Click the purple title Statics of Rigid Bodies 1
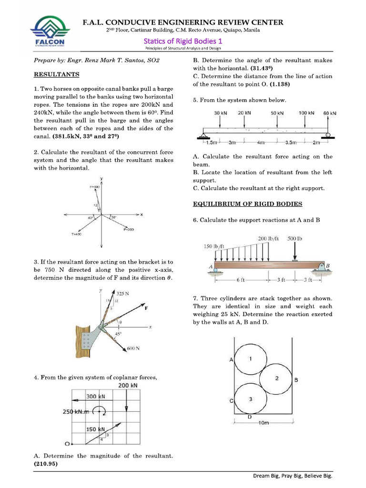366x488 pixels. [x=183, y=41]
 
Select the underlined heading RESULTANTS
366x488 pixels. [x=56, y=75]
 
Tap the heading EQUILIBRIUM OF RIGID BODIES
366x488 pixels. [x=247, y=204]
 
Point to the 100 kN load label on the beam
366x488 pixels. [x=306, y=113]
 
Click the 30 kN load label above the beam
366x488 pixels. [x=220, y=113]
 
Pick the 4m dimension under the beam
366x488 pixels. [x=261, y=142]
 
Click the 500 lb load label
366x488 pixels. [x=295, y=238]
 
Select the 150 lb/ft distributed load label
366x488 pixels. [x=214, y=246]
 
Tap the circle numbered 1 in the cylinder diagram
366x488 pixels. [x=251, y=358]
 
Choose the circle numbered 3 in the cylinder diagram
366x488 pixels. [x=251, y=399]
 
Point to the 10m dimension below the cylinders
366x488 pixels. [x=264, y=423]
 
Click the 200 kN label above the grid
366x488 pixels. [x=127, y=385]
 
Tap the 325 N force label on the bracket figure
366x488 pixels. [x=123, y=294]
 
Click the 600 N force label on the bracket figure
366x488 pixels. [x=133, y=348]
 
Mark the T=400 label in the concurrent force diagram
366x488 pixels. [x=76, y=234]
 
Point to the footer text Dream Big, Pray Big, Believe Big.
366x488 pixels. [x=292, y=476]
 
